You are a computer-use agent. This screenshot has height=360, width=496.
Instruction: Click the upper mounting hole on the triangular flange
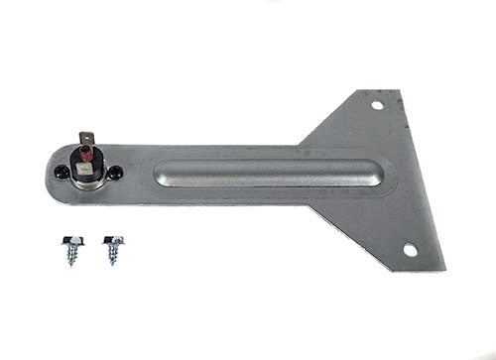tap(377, 104)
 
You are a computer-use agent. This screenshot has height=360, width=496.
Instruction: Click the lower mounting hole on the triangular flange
tap(410, 250)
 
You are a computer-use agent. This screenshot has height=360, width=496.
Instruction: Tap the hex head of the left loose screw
tap(76, 241)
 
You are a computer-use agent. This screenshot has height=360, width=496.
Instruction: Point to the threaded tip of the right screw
tap(112, 263)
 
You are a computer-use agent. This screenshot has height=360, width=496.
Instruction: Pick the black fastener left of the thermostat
tap(62, 173)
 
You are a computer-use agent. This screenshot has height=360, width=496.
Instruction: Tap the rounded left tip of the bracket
tap(49, 174)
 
